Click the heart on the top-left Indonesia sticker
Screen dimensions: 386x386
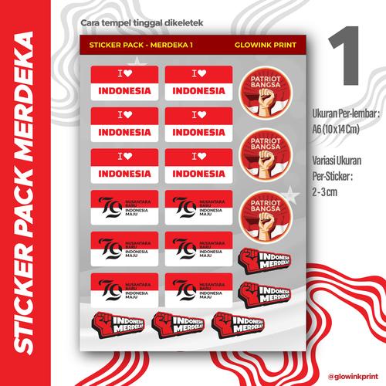[129, 75]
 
